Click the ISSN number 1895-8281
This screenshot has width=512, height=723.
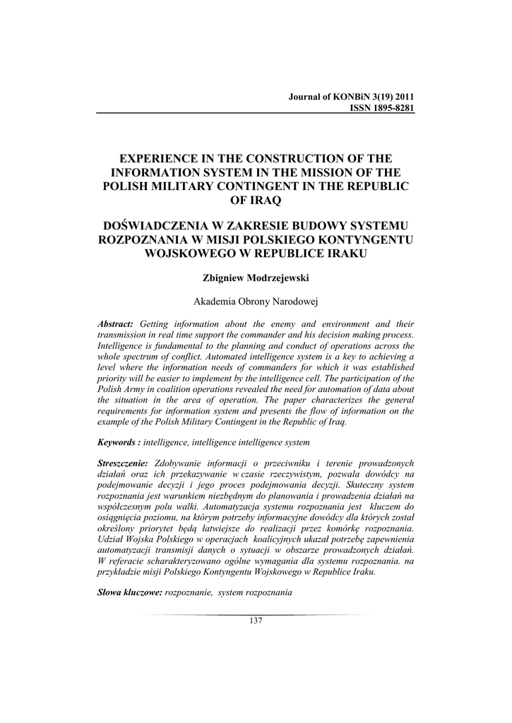(388, 108)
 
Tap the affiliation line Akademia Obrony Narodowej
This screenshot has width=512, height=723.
(256, 301)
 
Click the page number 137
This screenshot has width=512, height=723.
(256, 621)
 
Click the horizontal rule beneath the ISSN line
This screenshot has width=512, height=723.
(256, 114)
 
